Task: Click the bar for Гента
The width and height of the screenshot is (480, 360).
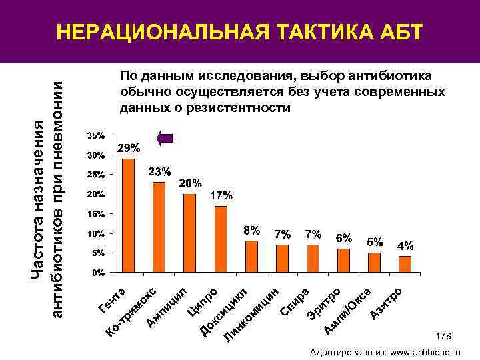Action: pyautogui.click(x=128, y=216)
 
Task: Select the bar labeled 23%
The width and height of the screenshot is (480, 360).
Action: pyautogui.click(x=159, y=227)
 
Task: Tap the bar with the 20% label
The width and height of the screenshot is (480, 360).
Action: pyautogui.click(x=190, y=233)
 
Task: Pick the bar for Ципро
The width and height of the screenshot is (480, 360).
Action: pyautogui.click(x=221, y=239)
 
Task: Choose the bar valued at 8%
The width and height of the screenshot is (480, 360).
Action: pyautogui.click(x=251, y=257)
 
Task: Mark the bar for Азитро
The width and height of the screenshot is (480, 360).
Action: pyautogui.click(x=405, y=265)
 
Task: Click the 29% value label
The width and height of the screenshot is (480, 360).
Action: pyautogui.click(x=128, y=147)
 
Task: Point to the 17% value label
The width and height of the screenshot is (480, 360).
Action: pyautogui.click(x=221, y=196)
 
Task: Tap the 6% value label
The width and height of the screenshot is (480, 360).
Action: pyautogui.click(x=344, y=237)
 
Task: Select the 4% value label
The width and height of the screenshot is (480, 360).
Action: pyautogui.click(x=405, y=245)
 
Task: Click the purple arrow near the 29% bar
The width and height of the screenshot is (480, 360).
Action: pyautogui.click(x=165, y=138)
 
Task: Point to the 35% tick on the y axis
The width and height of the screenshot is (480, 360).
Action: pyautogui.click(x=96, y=135)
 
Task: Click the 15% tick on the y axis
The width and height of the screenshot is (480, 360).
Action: pyautogui.click(x=96, y=214)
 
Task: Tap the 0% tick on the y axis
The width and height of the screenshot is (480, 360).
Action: pyautogui.click(x=98, y=273)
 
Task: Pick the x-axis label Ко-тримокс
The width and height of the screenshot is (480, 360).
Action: pyautogui.click(x=132, y=313)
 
